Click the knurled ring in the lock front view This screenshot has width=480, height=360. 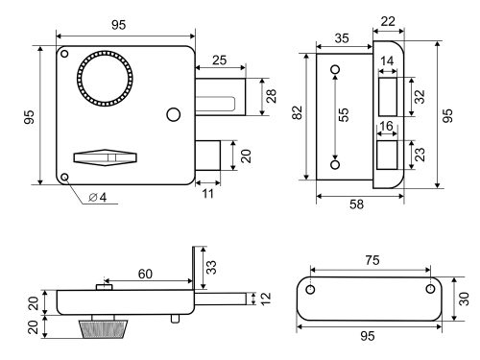coord(79,79)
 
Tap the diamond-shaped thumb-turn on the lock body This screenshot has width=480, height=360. coord(106,157)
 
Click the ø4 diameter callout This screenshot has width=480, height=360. coord(98,198)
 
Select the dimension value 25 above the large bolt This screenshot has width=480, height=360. coord(220,60)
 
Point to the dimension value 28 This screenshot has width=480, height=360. coord(272,96)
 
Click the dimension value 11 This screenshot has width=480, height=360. coord(207,194)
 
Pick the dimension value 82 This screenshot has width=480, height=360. coord(298,112)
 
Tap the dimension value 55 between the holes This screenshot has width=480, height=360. coord(343,114)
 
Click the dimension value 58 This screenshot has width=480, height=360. coord(356,204)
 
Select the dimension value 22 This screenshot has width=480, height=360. coord(388,21)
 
